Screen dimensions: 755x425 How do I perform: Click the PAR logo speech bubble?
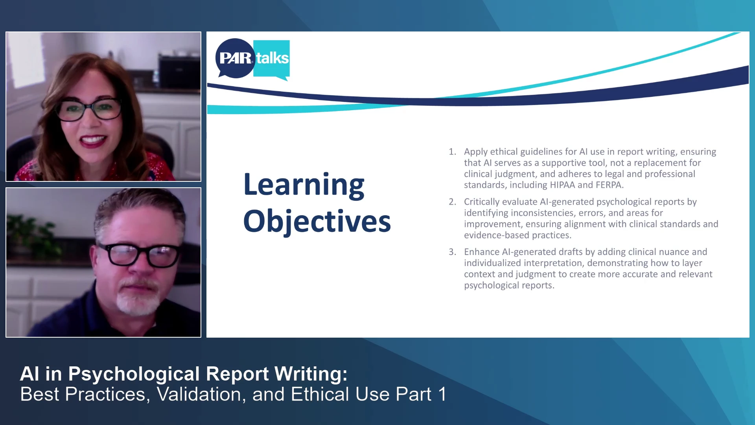coord(235,58)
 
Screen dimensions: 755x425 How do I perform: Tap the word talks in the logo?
coord(273,58)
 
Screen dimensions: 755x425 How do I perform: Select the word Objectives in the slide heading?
coord(317,221)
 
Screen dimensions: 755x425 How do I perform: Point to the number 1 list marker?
coord(452,152)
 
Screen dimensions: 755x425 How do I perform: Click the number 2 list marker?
coord(452,202)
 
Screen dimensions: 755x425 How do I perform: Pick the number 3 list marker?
coord(452,252)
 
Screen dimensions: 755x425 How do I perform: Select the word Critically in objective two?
coord(481,202)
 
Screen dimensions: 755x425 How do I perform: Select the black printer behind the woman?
coord(179,71)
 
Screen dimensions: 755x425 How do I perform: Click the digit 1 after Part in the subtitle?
coord(442,394)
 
